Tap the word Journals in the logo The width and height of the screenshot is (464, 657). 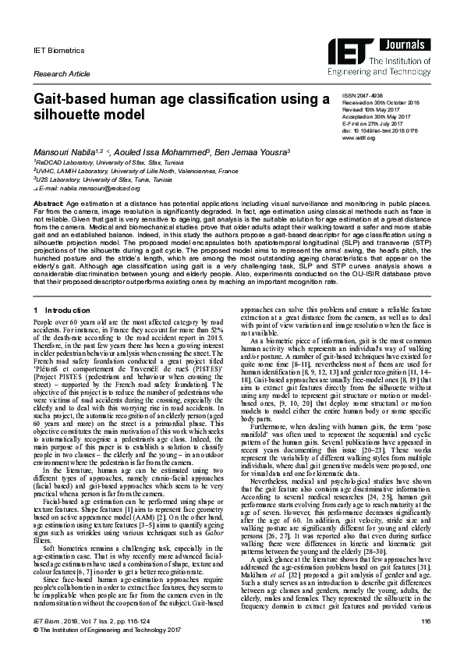[x=405, y=45]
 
